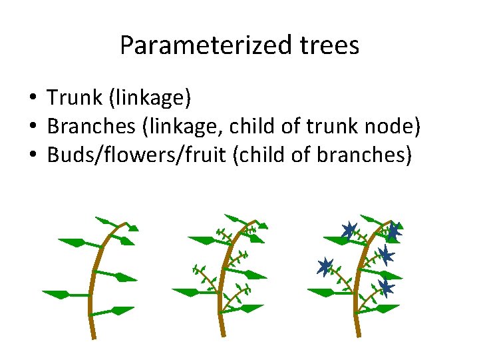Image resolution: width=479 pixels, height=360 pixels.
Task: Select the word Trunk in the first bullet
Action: point(74,99)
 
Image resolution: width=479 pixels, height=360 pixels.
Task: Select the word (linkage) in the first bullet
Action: point(152,99)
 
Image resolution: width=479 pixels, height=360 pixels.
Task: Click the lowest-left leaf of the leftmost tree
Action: point(59,293)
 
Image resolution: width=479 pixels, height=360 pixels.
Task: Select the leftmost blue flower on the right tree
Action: point(325,267)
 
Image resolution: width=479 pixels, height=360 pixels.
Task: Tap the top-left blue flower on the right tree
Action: point(347,231)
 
